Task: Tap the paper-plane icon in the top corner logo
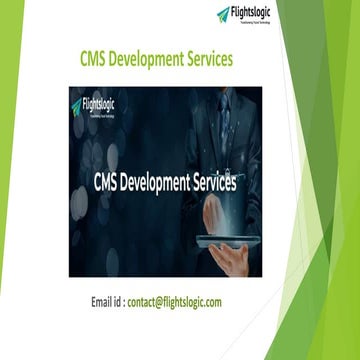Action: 223,13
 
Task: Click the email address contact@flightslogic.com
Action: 174,301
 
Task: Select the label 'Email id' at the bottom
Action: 107,301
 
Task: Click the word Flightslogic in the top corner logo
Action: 251,12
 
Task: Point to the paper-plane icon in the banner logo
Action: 77,105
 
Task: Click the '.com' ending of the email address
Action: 212,301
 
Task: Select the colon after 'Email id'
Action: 123,302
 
